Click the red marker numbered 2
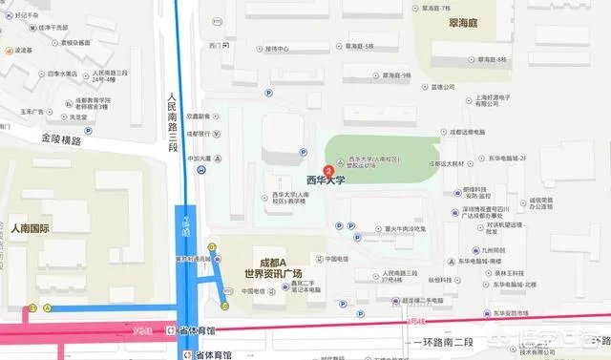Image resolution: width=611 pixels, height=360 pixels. (329, 171)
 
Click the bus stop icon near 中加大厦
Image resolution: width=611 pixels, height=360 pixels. (200, 171)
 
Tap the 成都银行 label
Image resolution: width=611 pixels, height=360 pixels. (199, 134)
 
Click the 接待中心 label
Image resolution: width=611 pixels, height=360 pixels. (278, 49)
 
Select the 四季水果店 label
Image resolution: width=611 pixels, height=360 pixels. (61, 73)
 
